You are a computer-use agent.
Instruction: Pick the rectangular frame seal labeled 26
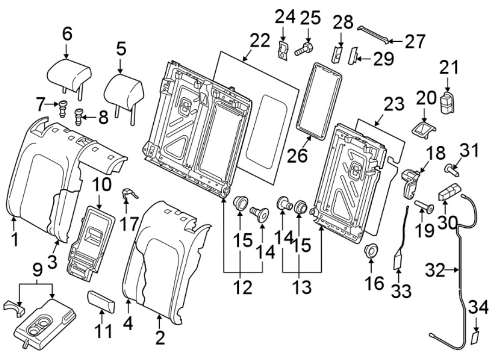pyautogui.click(x=319, y=98)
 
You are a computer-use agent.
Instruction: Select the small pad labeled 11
pyautogui.click(x=102, y=300)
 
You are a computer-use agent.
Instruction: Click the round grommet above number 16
pyautogui.click(x=371, y=251)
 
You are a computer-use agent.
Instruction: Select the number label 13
pyautogui.click(x=302, y=288)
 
